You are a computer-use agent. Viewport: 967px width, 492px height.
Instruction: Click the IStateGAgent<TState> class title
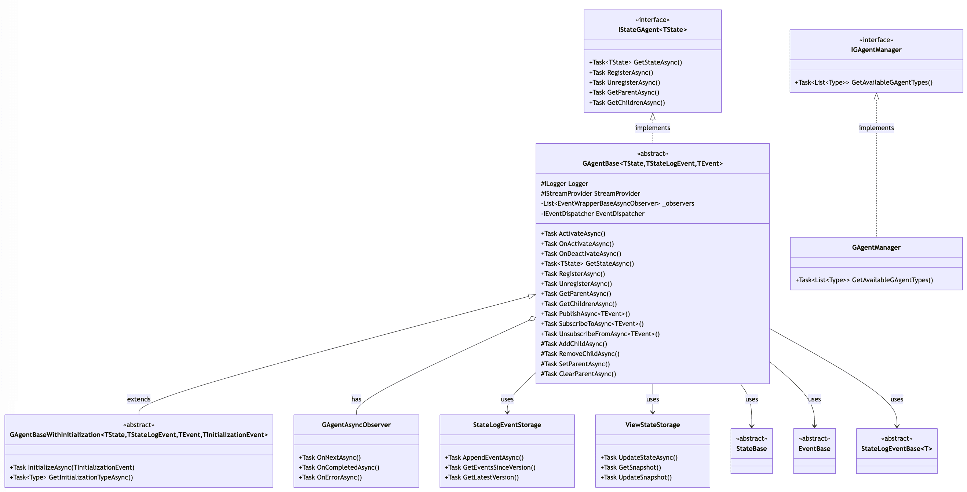[652, 30]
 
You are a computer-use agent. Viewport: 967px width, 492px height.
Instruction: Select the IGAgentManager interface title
[876, 50]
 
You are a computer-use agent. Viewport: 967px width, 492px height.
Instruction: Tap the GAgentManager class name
[876, 247]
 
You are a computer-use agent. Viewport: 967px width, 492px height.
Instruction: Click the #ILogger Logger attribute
[564, 184]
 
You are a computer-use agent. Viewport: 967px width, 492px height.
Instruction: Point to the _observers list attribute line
[617, 203]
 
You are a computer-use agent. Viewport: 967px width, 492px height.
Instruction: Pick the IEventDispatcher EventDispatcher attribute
[592, 213]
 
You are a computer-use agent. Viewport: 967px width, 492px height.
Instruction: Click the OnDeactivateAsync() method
[581, 254]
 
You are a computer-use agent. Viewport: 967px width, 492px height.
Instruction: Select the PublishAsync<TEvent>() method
[585, 314]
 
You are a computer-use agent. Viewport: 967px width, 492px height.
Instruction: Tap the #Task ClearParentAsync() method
[578, 374]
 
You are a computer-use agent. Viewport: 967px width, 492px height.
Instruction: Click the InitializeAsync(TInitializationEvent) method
[72, 467]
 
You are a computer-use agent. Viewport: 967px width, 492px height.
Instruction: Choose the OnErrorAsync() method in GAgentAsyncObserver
[330, 477]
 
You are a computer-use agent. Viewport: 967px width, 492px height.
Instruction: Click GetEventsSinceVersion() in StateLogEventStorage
[490, 467]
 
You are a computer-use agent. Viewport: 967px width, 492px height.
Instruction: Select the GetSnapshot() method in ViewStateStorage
[631, 467]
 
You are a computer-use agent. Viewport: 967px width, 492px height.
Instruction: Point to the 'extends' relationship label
[139, 399]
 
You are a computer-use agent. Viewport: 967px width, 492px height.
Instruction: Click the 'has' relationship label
[356, 399]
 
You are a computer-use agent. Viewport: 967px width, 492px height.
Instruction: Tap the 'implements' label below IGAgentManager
[876, 128]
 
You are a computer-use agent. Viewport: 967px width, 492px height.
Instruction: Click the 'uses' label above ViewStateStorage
[652, 399]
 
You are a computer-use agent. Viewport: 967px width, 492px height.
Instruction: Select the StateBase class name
[751, 448]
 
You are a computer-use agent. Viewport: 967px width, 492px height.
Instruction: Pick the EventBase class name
[814, 448]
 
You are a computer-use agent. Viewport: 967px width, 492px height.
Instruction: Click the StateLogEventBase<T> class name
[897, 448]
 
